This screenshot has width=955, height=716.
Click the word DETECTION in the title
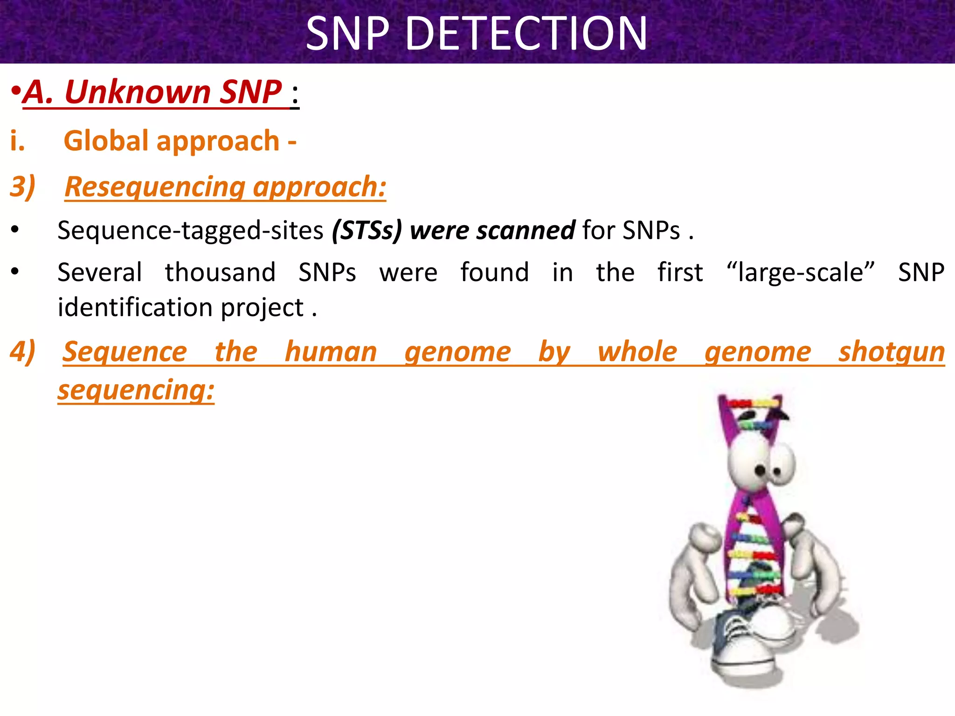coord(526,34)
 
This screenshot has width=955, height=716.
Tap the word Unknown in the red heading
coord(138,92)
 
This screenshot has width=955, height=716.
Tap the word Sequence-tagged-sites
coord(190,230)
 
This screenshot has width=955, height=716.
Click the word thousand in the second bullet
coord(220,272)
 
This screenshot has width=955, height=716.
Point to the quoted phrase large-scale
coord(800,272)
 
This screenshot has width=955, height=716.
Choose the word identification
coord(135,308)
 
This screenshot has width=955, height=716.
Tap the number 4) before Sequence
coord(22,351)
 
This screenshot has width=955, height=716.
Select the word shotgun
coord(891,352)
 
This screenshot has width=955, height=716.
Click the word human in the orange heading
coord(331,352)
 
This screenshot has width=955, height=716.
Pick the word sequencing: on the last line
coord(136,390)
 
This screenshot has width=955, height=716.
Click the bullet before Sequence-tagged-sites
coord(15,230)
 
